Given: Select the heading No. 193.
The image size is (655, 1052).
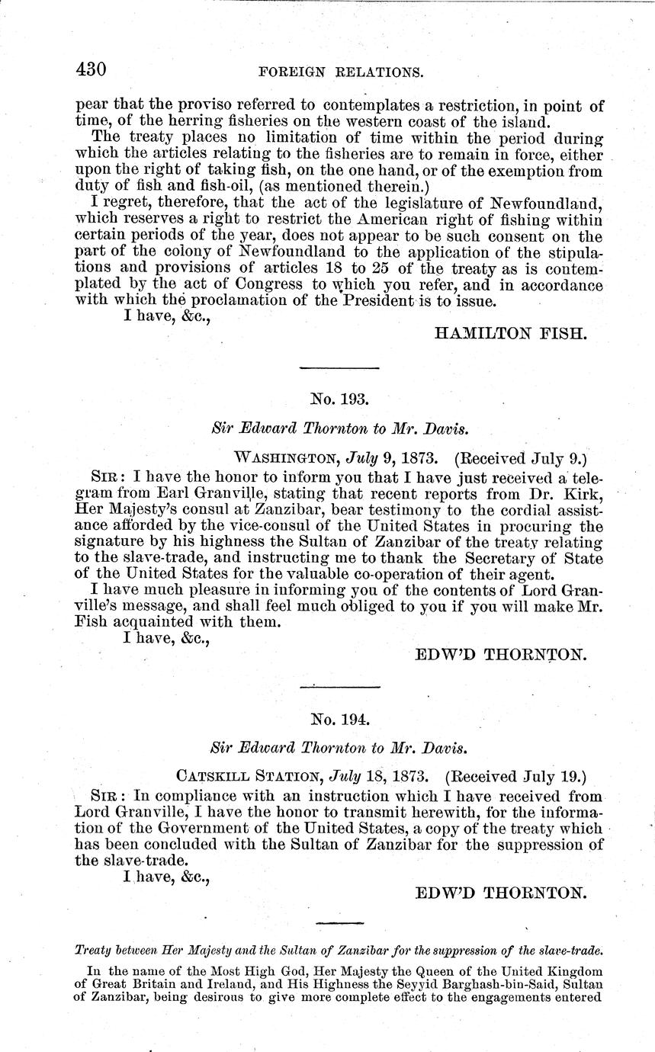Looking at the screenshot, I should coord(339,398).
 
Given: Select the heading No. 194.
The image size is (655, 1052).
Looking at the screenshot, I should coord(339,717).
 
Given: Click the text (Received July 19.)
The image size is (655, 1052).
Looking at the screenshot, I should coord(516,778).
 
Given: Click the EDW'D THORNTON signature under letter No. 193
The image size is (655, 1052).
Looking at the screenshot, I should coord(500,654).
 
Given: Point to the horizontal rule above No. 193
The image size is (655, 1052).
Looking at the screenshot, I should coord(339,368).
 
